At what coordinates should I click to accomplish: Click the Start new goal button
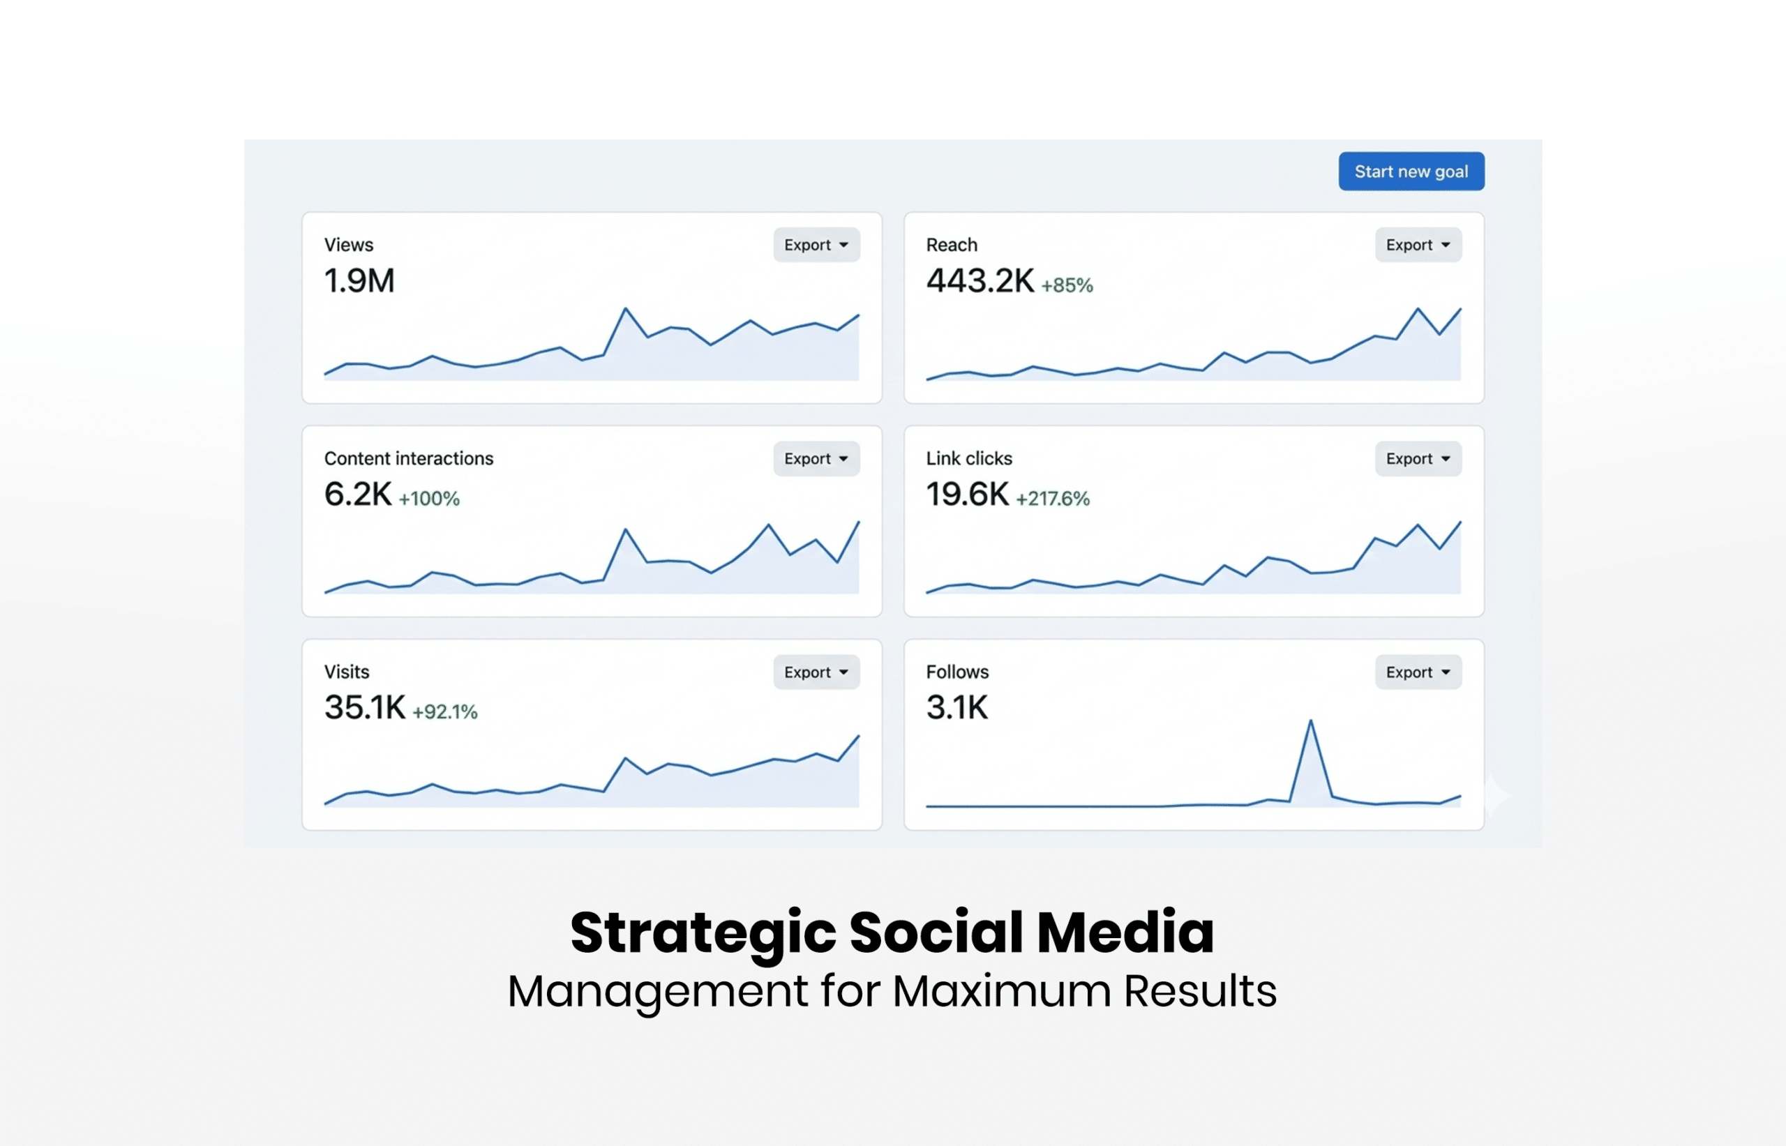1411,171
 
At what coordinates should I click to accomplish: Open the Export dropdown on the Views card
816,245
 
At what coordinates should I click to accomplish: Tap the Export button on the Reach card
1418,245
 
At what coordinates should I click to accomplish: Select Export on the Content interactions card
816,458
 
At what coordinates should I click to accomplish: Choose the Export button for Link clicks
1418,458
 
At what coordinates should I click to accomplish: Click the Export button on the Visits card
816,672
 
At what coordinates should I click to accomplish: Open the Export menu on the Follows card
1418,672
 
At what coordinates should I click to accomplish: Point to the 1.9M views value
359,281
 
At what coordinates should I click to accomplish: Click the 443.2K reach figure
980,281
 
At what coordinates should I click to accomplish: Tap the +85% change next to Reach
1067,285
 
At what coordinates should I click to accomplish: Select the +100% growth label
429,499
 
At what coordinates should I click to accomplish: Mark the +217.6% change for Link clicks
1052,499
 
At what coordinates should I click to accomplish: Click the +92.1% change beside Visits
445,712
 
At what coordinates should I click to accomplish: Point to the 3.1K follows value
957,708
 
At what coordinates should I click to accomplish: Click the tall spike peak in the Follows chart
1310,721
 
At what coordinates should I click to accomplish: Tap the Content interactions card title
409,458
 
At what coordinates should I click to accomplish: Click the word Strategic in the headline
703,933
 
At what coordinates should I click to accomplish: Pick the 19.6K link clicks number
967,495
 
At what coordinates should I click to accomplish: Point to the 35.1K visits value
365,708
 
